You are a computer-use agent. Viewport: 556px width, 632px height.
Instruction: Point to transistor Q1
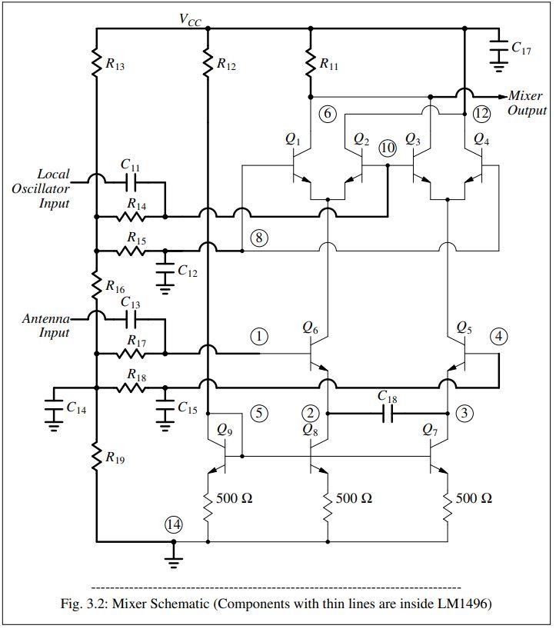click(x=302, y=166)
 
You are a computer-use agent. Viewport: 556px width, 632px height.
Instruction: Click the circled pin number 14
click(x=174, y=524)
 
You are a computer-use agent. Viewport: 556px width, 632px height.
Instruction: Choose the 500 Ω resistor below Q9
click(x=208, y=507)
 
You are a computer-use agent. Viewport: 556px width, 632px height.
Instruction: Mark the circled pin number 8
click(x=259, y=238)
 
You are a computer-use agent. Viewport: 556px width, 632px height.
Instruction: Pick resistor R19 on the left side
click(x=97, y=457)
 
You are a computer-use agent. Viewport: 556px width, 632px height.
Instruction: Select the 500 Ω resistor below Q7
click(x=447, y=507)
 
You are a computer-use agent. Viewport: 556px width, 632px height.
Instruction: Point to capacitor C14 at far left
click(x=54, y=407)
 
